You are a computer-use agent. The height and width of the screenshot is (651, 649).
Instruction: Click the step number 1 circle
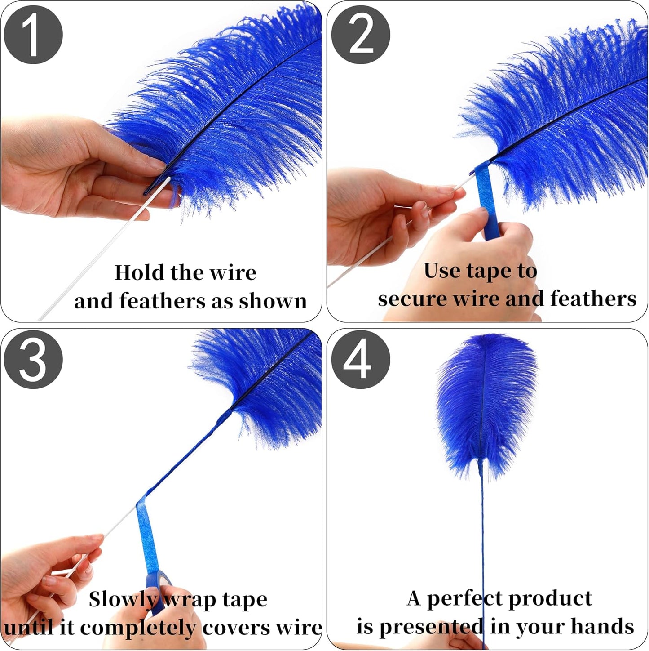(x=33, y=35)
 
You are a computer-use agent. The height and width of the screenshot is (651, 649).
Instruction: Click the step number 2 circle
(x=361, y=35)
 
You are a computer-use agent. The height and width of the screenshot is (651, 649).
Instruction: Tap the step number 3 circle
(x=33, y=360)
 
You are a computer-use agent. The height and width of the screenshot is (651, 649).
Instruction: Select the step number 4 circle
(x=361, y=360)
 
